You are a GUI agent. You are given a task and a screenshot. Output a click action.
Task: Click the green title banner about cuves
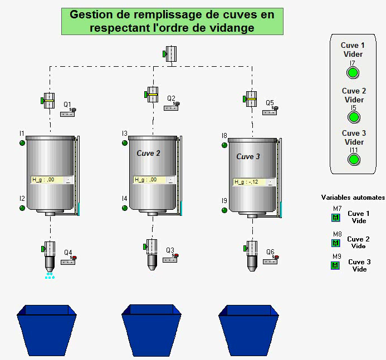pyautogui.click(x=172, y=21)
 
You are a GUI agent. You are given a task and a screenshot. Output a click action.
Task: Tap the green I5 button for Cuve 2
pyautogui.click(x=353, y=117)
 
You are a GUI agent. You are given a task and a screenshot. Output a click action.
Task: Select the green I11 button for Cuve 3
pyautogui.click(x=353, y=160)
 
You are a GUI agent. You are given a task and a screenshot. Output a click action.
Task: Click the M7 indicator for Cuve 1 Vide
pyautogui.click(x=335, y=217)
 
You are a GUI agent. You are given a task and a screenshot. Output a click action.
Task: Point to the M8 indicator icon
pyautogui.click(x=335, y=243)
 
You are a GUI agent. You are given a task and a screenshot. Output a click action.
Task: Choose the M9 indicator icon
pyautogui.click(x=335, y=265)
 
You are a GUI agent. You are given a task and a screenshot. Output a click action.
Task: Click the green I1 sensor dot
pyautogui.click(x=22, y=143)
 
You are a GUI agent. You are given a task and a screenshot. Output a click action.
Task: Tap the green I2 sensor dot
pyautogui.click(x=22, y=208)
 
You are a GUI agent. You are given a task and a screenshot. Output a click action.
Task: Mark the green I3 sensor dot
pyautogui.click(x=124, y=143)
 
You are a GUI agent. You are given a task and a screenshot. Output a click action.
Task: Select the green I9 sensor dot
pyautogui.click(x=224, y=210)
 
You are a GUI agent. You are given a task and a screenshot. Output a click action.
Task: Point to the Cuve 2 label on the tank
pyautogui.click(x=149, y=153)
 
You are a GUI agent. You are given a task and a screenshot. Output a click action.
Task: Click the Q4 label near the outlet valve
pyautogui.click(x=67, y=253)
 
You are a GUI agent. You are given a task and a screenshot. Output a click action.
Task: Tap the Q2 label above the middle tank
pyautogui.click(x=171, y=98)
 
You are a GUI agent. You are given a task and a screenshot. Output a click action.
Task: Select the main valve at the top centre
pyautogui.click(x=170, y=53)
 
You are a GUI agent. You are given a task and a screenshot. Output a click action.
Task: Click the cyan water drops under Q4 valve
pyautogui.click(x=50, y=275)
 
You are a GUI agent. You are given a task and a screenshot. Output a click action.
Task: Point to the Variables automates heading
pyautogui.click(x=353, y=198)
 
